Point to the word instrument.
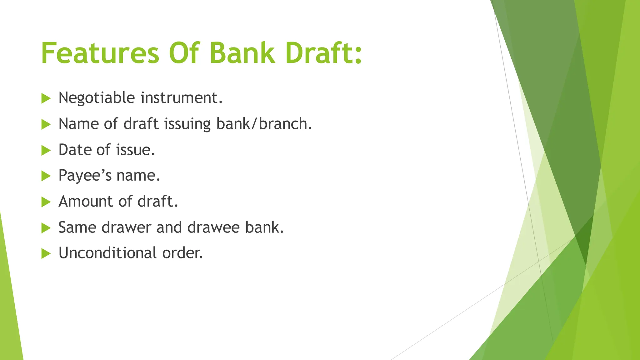click(x=182, y=98)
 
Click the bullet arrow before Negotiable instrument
click(x=46, y=99)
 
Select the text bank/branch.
click(x=264, y=124)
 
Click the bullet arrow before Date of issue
click(x=46, y=151)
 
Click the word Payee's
click(x=85, y=176)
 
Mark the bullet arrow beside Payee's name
click(x=46, y=176)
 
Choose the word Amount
click(x=86, y=201)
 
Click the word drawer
click(x=127, y=227)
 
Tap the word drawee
click(x=213, y=227)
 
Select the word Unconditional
click(x=107, y=253)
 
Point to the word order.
click(x=182, y=253)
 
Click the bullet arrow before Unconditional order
click(x=46, y=253)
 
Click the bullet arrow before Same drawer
click(x=46, y=228)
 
